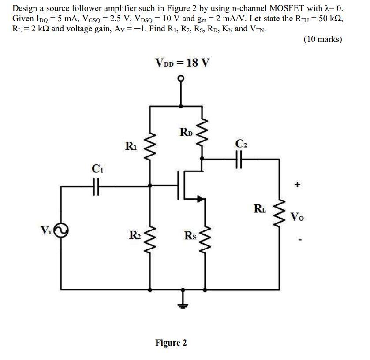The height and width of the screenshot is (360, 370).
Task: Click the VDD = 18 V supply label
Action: [182, 62]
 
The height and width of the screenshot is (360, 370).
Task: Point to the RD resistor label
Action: [186, 131]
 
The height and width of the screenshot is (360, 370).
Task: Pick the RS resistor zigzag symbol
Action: [203, 236]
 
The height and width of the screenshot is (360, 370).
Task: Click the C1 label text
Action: [97, 169]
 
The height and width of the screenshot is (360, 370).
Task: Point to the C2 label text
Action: [240, 142]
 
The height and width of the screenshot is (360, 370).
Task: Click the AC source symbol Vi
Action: [61, 230]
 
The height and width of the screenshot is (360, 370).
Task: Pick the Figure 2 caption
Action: [171, 342]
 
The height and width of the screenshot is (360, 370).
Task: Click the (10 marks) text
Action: [322, 39]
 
